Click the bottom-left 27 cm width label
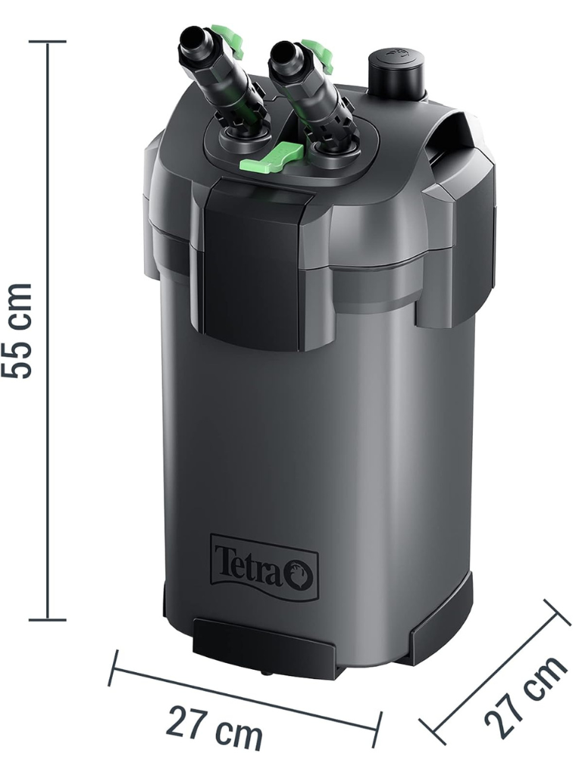coord(214,727)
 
